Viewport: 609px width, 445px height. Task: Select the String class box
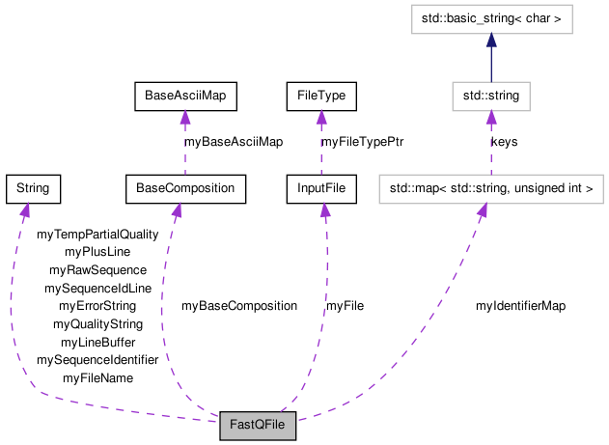(33, 188)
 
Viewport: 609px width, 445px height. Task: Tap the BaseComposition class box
(185, 188)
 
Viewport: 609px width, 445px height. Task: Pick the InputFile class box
(321, 188)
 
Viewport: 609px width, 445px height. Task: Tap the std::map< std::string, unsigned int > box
(490, 188)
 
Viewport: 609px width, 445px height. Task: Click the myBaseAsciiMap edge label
(233, 142)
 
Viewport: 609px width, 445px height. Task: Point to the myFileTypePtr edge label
(362, 142)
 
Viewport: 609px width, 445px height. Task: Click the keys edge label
(504, 142)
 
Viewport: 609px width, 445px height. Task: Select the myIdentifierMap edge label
(520, 306)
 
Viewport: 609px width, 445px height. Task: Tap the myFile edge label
(345, 306)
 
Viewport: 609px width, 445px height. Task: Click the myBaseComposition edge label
(238, 306)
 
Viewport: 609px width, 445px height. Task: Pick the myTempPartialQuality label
(97, 234)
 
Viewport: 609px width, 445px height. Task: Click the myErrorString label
(97, 306)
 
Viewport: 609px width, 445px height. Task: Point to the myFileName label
(97, 378)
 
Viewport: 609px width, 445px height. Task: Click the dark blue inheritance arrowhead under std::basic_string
(490, 40)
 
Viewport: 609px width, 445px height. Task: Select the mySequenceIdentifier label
(97, 360)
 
